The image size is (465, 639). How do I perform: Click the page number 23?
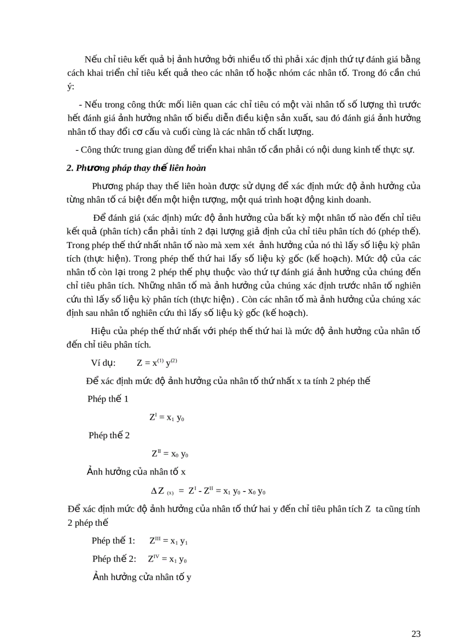[x=415, y=618]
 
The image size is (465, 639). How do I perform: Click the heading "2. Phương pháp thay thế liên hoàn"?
[x=136, y=168]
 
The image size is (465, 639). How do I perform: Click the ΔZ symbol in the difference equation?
[x=158, y=491]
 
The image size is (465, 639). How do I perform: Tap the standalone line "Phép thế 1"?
[x=108, y=399]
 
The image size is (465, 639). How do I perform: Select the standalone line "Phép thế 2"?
[x=109, y=435]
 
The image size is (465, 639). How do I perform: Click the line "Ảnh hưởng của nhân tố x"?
[x=136, y=472]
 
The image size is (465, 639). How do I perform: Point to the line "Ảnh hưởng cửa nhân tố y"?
[x=142, y=577]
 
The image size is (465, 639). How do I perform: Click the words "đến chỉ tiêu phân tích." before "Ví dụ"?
[x=109, y=344]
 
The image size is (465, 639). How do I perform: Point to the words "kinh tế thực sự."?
[x=382, y=150]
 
